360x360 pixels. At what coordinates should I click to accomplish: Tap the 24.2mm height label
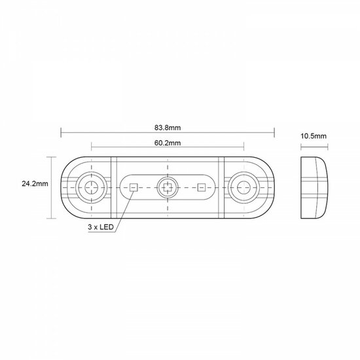(x=33, y=185)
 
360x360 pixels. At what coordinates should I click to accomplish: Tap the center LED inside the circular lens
(x=168, y=188)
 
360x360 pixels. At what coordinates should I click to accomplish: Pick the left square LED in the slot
(x=133, y=188)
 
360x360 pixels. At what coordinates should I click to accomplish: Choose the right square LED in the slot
(x=201, y=188)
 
